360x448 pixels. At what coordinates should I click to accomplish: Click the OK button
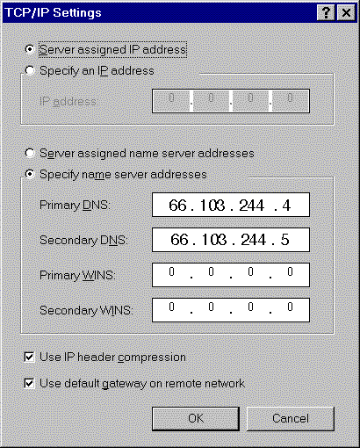tap(196, 419)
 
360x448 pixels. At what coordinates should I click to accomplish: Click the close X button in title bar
tap(346, 13)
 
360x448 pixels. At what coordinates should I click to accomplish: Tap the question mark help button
tap(326, 13)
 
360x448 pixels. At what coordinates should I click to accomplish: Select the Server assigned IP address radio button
tap(30, 49)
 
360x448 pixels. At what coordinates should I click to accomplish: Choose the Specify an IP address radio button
tap(30, 70)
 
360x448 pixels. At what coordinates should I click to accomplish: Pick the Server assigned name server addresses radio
tap(30, 153)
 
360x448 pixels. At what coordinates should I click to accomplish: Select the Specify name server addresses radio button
tap(30, 174)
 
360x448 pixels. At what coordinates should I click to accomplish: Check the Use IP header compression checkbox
tap(29, 358)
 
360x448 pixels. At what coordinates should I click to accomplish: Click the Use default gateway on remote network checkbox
tap(29, 383)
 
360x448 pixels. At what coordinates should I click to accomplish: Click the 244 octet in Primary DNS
tap(252, 205)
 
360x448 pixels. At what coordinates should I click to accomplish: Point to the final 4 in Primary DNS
tap(286, 205)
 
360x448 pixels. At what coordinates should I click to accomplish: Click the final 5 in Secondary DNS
tap(284, 240)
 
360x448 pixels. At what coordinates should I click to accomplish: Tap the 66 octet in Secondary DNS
tap(179, 240)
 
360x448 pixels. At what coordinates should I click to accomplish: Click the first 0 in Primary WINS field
tap(171, 272)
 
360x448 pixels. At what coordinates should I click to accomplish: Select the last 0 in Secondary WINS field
tap(290, 307)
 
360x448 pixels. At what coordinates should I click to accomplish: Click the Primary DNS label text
tap(75, 205)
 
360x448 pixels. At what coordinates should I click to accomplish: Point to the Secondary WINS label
tap(86, 310)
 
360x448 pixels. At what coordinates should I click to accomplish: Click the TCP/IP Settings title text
tap(54, 12)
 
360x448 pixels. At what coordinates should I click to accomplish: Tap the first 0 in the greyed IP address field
tap(171, 98)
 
